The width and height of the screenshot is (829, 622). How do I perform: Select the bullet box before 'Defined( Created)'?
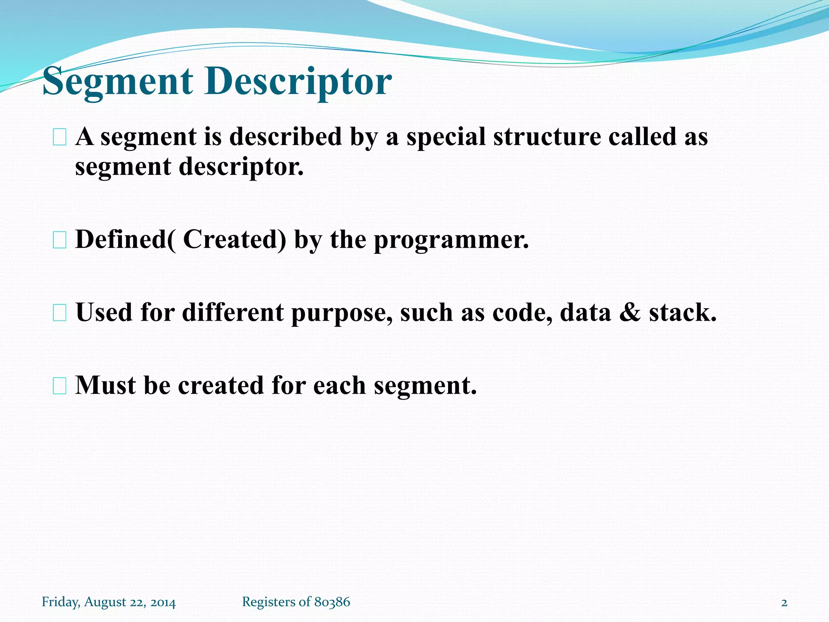[x=60, y=241]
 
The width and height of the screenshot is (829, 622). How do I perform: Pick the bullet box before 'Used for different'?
[x=60, y=313]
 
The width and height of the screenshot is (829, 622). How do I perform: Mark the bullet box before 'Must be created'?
[x=60, y=386]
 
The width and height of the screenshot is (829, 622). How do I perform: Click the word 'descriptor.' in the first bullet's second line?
[x=241, y=167]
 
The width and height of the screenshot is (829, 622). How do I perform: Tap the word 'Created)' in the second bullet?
[x=235, y=239]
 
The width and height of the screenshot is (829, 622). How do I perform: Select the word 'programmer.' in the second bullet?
[x=451, y=240]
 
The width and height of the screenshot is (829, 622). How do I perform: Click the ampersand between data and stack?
[x=630, y=313]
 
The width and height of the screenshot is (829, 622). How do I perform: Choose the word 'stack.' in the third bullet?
[x=683, y=313]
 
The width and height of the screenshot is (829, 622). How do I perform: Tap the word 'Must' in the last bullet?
[x=105, y=385]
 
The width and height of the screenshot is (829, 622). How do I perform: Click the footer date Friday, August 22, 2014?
[x=109, y=602]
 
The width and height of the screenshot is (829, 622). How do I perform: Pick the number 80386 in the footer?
[x=332, y=602]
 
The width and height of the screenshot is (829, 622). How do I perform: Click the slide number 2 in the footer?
[x=784, y=603]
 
